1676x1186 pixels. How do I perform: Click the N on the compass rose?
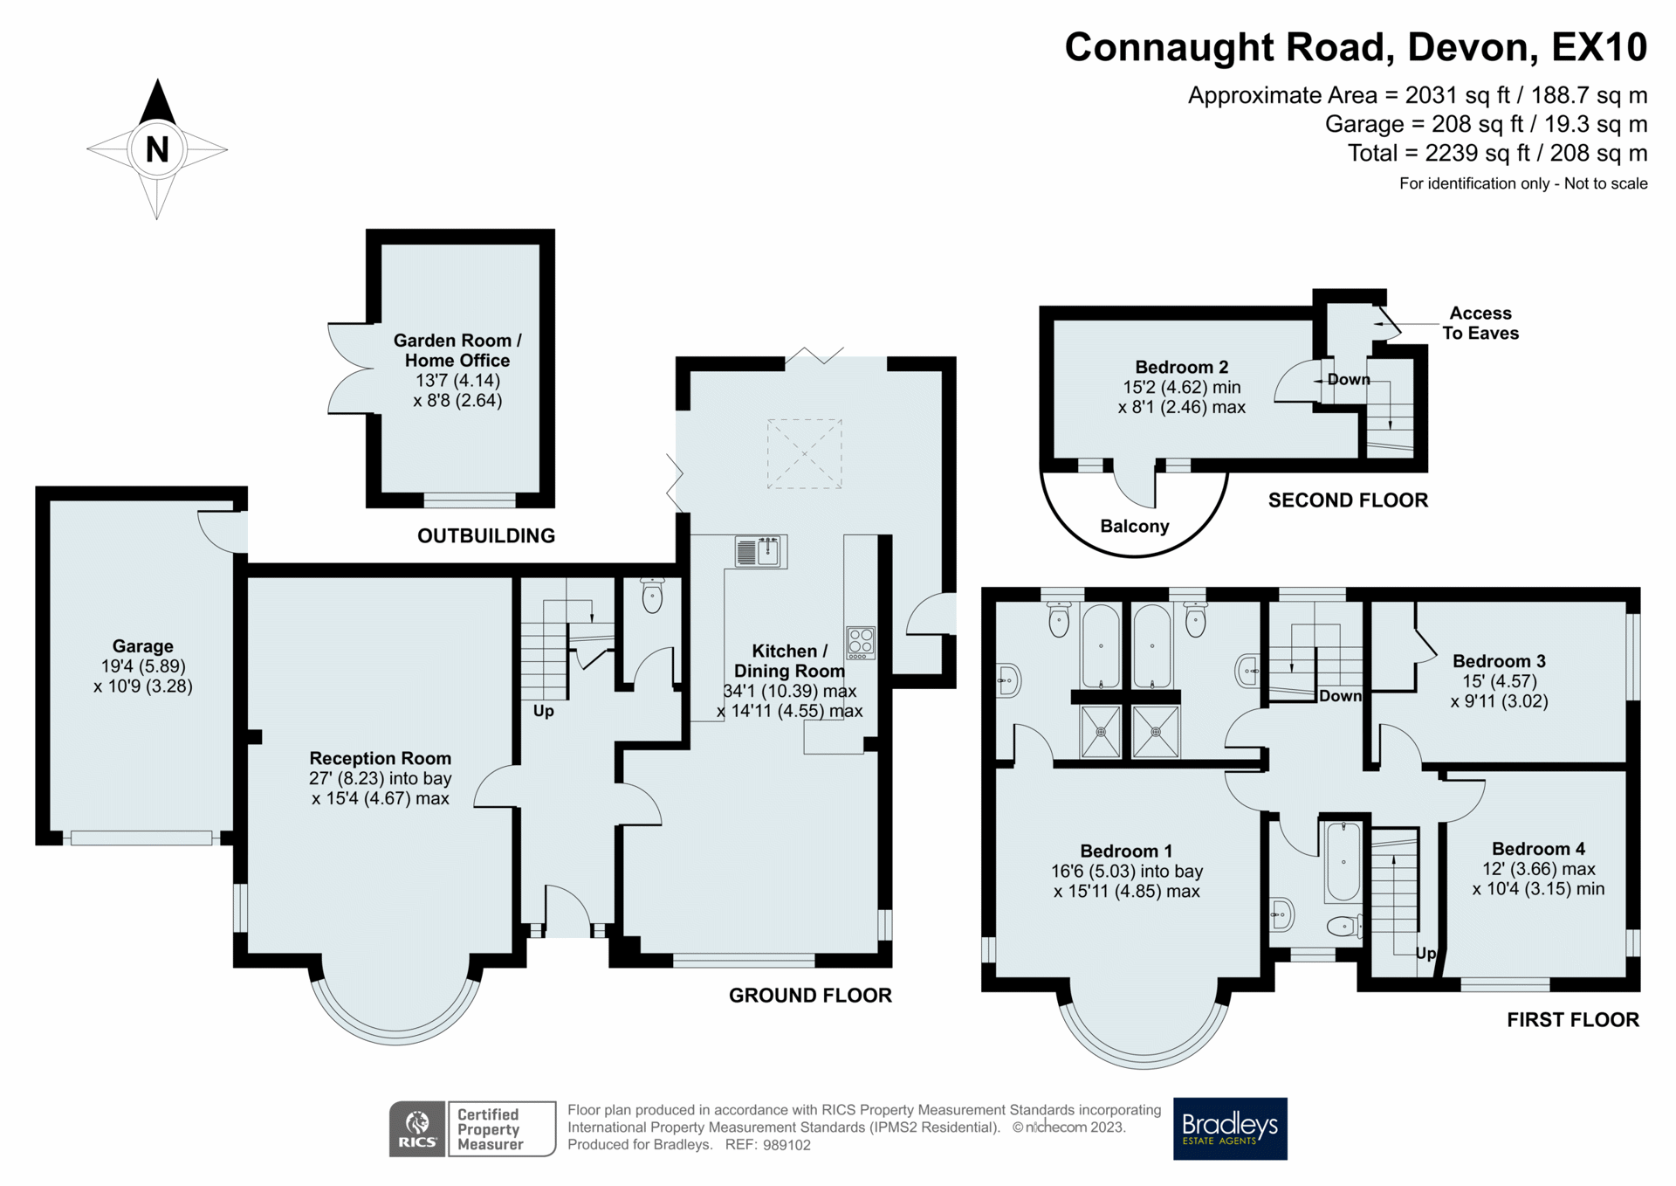157,149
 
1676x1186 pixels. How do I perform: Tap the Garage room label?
142,646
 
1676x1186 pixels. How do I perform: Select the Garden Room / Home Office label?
457,350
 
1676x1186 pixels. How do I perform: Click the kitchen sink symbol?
760,552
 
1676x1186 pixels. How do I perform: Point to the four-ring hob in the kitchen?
860,642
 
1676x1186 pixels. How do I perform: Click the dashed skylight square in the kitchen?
804,453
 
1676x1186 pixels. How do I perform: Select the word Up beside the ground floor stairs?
543,711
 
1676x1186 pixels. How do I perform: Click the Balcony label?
1134,526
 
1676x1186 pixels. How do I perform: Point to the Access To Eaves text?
1480,323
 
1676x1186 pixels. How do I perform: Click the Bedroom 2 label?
1181,367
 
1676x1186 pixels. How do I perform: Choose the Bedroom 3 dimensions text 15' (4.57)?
1499,681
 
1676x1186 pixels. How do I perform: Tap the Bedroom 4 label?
1538,849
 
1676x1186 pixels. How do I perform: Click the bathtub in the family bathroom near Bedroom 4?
1343,861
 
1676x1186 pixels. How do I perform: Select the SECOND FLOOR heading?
1348,500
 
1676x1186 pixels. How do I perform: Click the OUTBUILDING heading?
485,536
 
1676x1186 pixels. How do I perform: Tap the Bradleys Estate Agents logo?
1229,1128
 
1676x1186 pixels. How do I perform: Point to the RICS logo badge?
417,1129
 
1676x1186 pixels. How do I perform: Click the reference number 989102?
786,1145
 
